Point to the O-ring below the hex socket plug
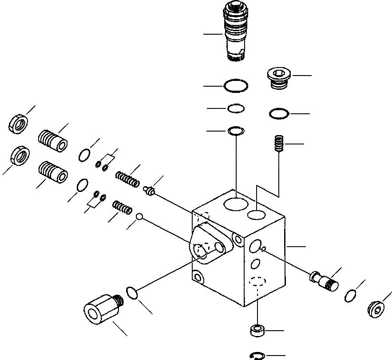point(279,114)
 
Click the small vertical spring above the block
point(277,144)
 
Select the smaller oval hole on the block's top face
point(257,215)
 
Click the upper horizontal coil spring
point(128,179)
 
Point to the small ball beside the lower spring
point(139,216)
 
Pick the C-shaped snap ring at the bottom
point(257,355)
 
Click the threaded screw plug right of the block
point(324,279)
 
